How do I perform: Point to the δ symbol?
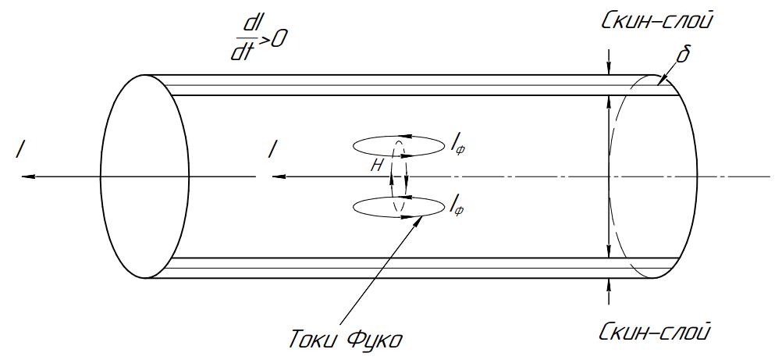pos(682,54)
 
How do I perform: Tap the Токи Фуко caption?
pos(346,340)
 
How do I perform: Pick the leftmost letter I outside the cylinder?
pos(20,150)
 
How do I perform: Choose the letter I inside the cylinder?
pos(271,150)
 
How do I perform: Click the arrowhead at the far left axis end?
pos(28,176)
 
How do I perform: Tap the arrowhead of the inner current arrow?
pos(279,176)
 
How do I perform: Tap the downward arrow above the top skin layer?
pos(609,62)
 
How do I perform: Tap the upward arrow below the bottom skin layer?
pos(609,291)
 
